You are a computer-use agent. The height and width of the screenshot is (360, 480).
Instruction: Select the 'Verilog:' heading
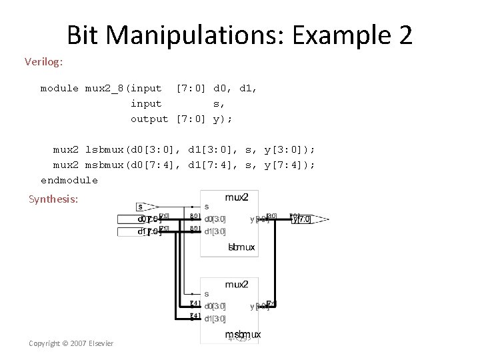click(44, 62)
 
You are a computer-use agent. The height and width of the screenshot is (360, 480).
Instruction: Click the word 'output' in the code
click(149, 119)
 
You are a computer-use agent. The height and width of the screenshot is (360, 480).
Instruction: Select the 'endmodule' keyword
click(69, 180)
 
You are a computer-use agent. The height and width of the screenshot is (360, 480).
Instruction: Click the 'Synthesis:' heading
click(53, 199)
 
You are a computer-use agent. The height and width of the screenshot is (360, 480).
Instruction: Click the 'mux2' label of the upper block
click(237, 197)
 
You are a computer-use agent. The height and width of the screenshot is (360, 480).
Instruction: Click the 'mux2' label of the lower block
click(237, 284)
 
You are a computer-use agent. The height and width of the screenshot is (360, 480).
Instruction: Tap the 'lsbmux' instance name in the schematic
click(241, 247)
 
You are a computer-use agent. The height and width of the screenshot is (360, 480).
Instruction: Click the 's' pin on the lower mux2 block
click(206, 294)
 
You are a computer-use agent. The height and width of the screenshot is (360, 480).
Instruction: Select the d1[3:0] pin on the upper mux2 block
click(215, 231)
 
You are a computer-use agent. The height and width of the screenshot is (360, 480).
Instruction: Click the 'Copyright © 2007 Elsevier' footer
click(71, 343)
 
